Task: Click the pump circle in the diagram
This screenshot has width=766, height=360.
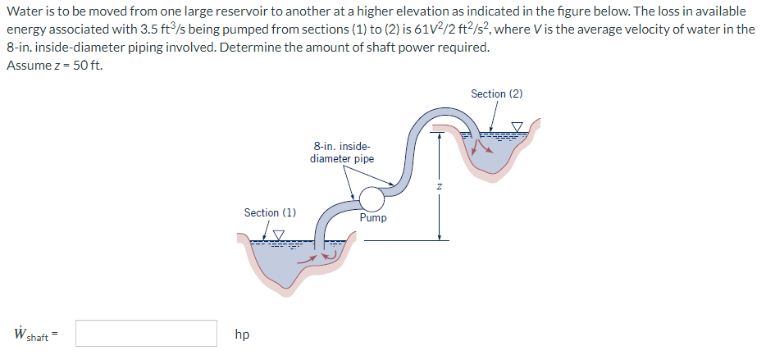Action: click(x=371, y=198)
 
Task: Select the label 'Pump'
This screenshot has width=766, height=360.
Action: click(x=373, y=218)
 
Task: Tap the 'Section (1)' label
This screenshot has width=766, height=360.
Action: click(x=270, y=212)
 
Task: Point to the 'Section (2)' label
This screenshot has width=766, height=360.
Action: click(x=496, y=93)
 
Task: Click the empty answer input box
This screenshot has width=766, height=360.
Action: click(x=147, y=334)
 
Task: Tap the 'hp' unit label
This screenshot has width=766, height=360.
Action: click(x=242, y=335)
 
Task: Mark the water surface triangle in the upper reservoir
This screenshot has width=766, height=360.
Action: click(x=517, y=125)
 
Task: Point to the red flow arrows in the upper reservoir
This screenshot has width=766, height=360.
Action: click(x=479, y=146)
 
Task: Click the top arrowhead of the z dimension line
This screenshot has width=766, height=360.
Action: click(x=440, y=130)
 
